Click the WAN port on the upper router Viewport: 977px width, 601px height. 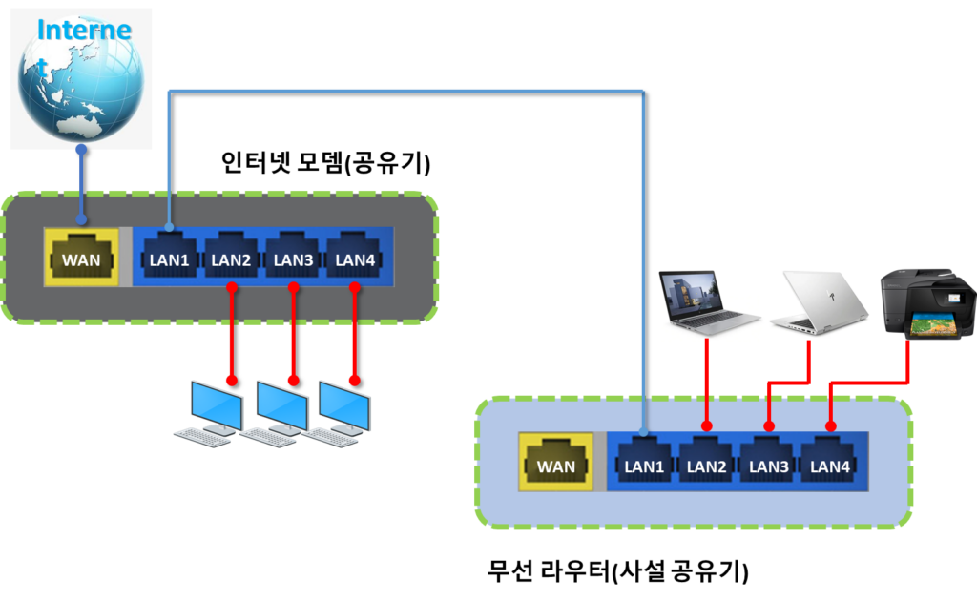[x=81, y=257]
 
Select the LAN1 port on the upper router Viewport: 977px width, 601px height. [x=169, y=257]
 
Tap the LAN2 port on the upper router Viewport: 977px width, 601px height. [x=230, y=257]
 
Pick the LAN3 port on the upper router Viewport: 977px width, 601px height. [x=293, y=257]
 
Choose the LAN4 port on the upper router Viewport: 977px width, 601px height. [x=354, y=257]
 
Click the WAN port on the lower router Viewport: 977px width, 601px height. [x=556, y=465]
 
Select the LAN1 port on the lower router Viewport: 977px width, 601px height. [x=644, y=465]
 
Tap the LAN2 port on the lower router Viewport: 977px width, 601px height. [x=706, y=465]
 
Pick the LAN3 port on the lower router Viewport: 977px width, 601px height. [x=769, y=465]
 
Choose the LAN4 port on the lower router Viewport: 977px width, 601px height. [x=830, y=465]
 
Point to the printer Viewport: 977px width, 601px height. [x=922, y=302]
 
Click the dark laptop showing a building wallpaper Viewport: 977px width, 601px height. [x=708, y=298]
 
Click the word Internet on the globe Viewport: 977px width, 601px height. [x=83, y=30]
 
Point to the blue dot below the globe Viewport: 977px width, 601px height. [x=81, y=150]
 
